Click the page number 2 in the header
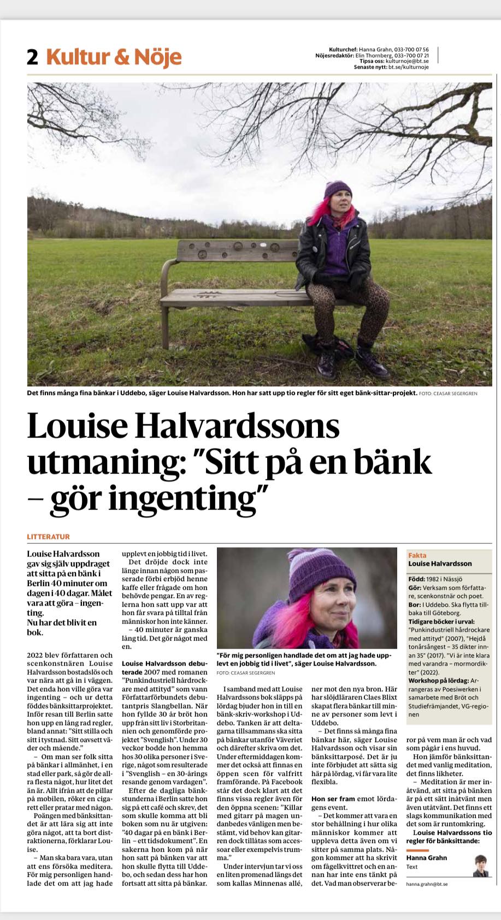[33, 57]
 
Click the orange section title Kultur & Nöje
[114, 57]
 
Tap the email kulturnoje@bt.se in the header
[407, 61]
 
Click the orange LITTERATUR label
[49, 537]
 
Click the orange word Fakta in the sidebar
[417, 555]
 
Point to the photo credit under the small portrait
[246, 673]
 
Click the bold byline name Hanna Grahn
[427, 857]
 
